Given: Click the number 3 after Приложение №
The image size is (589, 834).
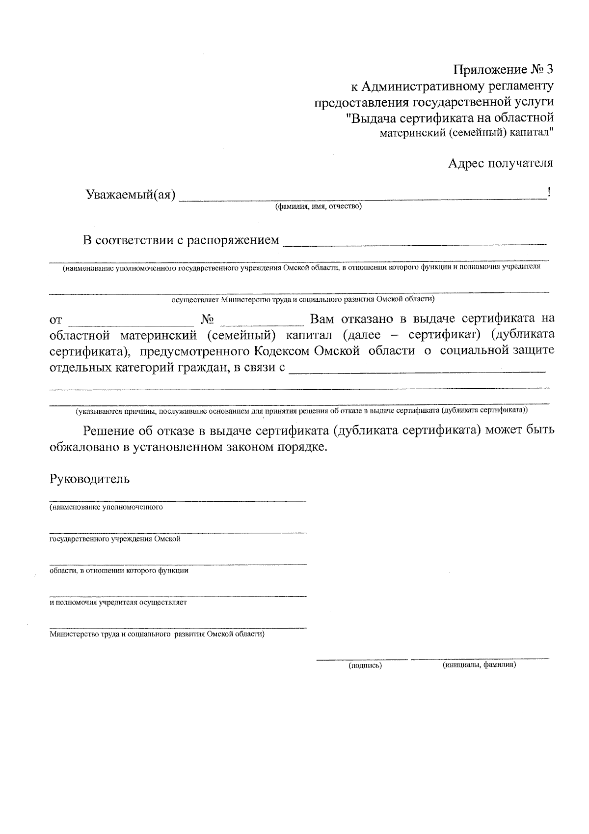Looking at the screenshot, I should [549, 69].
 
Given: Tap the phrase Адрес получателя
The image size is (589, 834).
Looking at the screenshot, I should [500, 163].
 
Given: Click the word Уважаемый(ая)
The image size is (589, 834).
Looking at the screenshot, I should [131, 195].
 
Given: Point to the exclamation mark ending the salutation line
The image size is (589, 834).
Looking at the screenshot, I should [549, 193].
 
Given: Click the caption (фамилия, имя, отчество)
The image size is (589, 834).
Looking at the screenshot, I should [318, 206].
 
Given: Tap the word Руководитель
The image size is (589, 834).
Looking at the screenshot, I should [89, 479].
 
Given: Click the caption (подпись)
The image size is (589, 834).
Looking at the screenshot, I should [365, 665].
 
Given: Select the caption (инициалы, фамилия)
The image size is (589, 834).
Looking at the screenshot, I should [479, 665].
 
